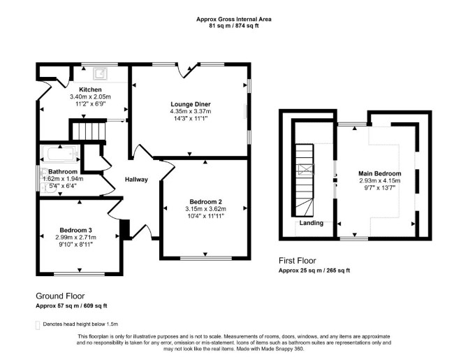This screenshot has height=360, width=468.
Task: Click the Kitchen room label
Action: (90, 89)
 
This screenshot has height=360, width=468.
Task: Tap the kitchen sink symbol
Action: (100, 73)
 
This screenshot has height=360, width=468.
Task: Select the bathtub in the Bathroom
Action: (60, 154)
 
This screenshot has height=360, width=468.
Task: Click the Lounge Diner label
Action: (191, 104)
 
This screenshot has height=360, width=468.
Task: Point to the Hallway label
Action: (136, 180)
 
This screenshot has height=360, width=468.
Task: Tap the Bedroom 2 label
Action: (205, 201)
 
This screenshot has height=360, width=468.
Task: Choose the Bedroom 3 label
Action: (75, 230)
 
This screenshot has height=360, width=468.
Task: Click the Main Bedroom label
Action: (380, 173)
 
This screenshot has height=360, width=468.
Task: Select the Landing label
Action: (312, 223)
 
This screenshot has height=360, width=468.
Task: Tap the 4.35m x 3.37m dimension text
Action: (191, 111)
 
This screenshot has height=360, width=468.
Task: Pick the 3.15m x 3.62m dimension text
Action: (205, 209)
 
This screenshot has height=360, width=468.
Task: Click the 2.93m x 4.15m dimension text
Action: (380, 180)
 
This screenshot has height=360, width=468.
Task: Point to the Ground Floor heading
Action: (60, 296)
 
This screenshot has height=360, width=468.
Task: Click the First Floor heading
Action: (298, 261)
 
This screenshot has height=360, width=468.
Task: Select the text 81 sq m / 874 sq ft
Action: (234, 26)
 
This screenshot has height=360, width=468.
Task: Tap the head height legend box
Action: (38, 325)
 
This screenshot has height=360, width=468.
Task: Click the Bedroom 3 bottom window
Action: (80, 273)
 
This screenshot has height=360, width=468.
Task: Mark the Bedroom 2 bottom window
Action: (206, 258)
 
